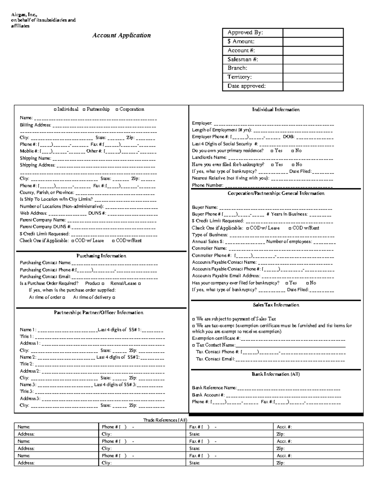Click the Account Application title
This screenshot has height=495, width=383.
[121, 35]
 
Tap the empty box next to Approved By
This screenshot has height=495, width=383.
[313, 33]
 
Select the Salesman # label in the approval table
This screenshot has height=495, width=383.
[243, 59]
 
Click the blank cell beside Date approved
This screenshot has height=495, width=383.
[313, 86]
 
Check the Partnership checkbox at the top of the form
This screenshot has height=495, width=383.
[84, 110]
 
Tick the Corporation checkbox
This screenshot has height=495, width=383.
[117, 110]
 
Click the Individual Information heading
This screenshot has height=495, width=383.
[276, 110]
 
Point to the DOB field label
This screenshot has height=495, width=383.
[289, 137]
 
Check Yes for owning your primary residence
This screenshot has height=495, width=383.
[272, 151]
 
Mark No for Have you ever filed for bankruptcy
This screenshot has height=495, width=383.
[293, 165]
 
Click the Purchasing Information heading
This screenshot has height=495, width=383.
[101, 256]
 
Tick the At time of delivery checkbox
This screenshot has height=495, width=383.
[114, 297]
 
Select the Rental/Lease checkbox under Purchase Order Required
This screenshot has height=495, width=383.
[139, 283]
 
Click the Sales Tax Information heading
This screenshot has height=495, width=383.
[276, 305]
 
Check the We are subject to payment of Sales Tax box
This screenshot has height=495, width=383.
[193, 319]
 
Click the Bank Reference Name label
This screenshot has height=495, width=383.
[214, 388]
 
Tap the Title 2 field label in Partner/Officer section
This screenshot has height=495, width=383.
[26, 364]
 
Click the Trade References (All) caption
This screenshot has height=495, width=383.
[165, 420]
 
